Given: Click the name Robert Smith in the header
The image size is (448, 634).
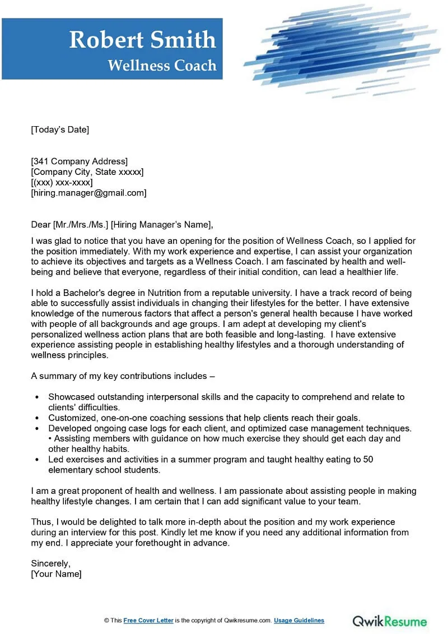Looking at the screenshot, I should click(142, 40).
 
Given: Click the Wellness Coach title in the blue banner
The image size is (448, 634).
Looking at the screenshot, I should click(162, 65).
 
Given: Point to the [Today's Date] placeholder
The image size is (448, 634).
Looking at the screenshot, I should click(60, 129).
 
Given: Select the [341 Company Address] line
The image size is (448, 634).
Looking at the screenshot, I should click(79, 161).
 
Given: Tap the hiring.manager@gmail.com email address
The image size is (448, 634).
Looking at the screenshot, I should click(88, 193).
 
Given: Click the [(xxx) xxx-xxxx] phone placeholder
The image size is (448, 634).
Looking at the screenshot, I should click(62, 182).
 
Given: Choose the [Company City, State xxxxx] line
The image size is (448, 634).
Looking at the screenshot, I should click(87, 172).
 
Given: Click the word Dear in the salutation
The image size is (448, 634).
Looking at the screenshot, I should click(41, 225).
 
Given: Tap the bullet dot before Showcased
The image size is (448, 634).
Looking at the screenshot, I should click(37, 397).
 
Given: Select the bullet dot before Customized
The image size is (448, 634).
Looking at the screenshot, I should click(37, 418).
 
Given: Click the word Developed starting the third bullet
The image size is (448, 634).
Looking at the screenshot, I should click(68, 428).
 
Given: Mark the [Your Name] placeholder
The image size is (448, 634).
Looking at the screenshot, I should click(56, 573).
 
